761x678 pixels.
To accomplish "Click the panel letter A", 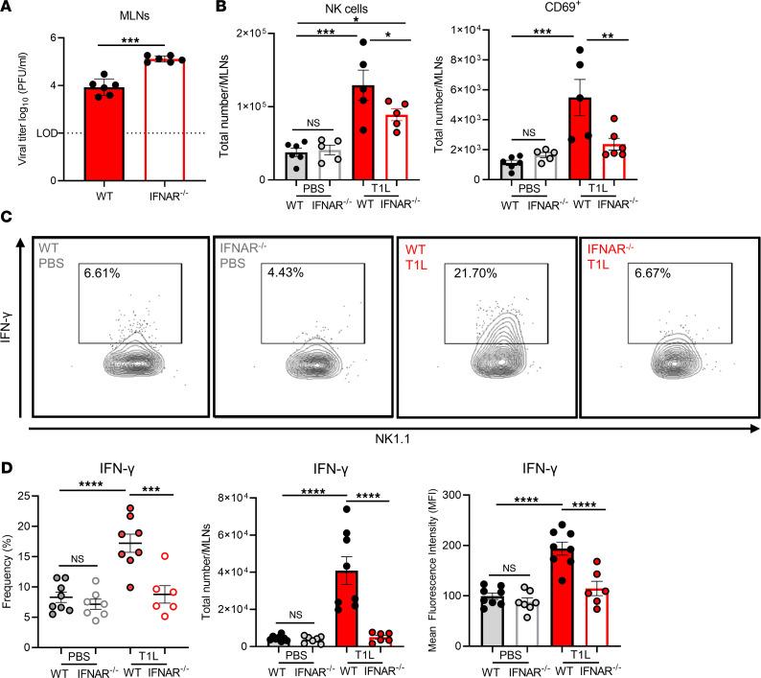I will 9,9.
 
